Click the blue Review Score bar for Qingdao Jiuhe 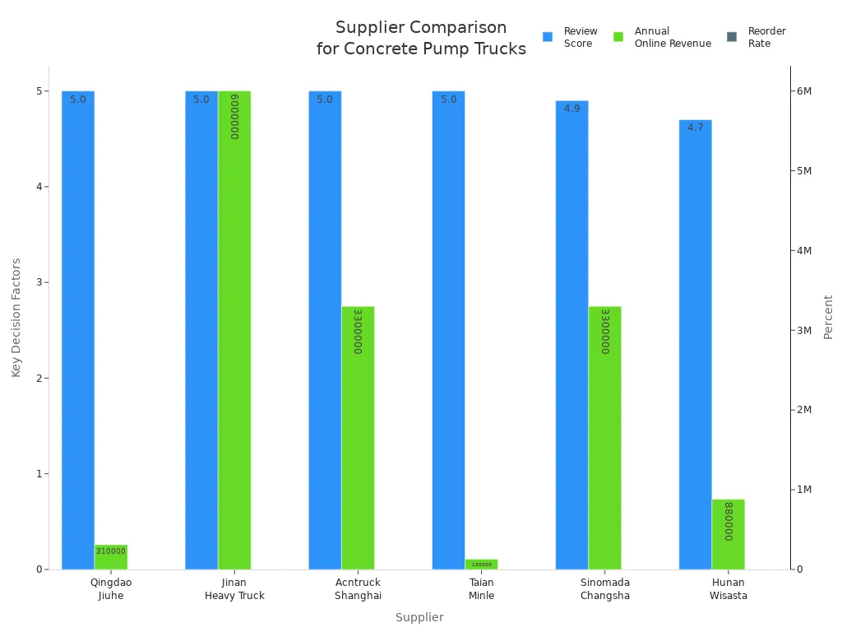pyautogui.click(x=78, y=329)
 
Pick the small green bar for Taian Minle pyautogui.click(x=481, y=565)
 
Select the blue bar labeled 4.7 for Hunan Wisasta pyautogui.click(x=695, y=346)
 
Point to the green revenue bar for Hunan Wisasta pyautogui.click(x=728, y=535)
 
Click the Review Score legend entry pyautogui.click(x=571, y=37)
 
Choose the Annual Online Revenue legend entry pyautogui.click(x=663, y=37)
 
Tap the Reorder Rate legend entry pyautogui.click(x=757, y=37)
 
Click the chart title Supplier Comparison pyautogui.click(x=421, y=38)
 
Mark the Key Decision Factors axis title pyautogui.click(x=16, y=318)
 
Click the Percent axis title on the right pyautogui.click(x=828, y=317)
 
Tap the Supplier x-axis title pyautogui.click(x=419, y=617)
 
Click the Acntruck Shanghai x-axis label pyautogui.click(x=358, y=589)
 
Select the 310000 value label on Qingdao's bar pyautogui.click(x=111, y=551)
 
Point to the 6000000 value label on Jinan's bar pyautogui.click(x=234, y=116)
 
